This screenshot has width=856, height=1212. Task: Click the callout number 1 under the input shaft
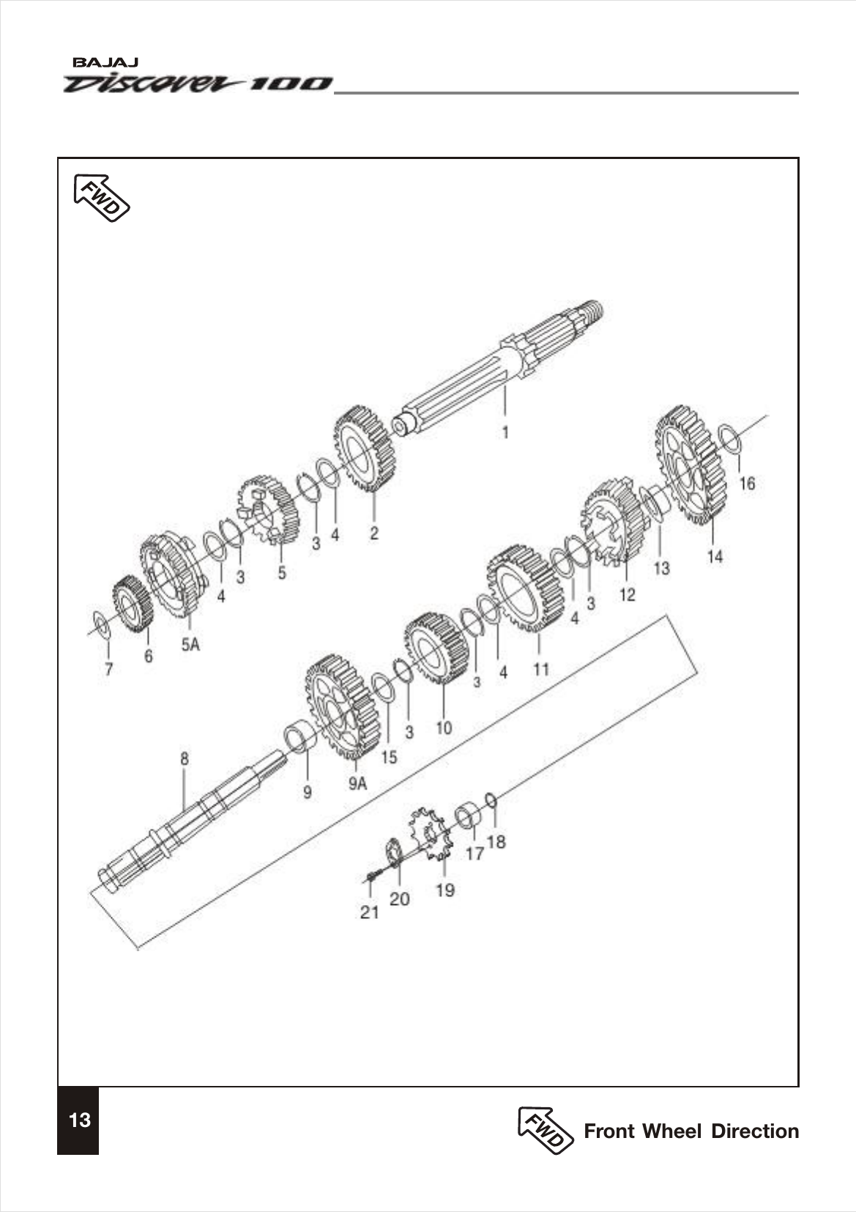tap(505, 432)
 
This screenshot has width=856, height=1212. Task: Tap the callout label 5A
tap(190, 644)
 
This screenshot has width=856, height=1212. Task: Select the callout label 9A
tap(357, 784)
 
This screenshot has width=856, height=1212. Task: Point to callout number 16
tap(746, 484)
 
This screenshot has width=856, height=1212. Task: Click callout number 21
tap(370, 912)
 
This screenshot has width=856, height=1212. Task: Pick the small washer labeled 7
tap(101, 626)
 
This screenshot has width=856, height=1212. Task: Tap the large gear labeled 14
tap(691, 466)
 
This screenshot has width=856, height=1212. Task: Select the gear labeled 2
tap(365, 448)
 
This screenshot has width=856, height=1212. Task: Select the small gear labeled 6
tap(133, 605)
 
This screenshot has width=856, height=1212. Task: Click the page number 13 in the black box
tap(78, 1120)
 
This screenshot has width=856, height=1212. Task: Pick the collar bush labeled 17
tap(469, 816)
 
